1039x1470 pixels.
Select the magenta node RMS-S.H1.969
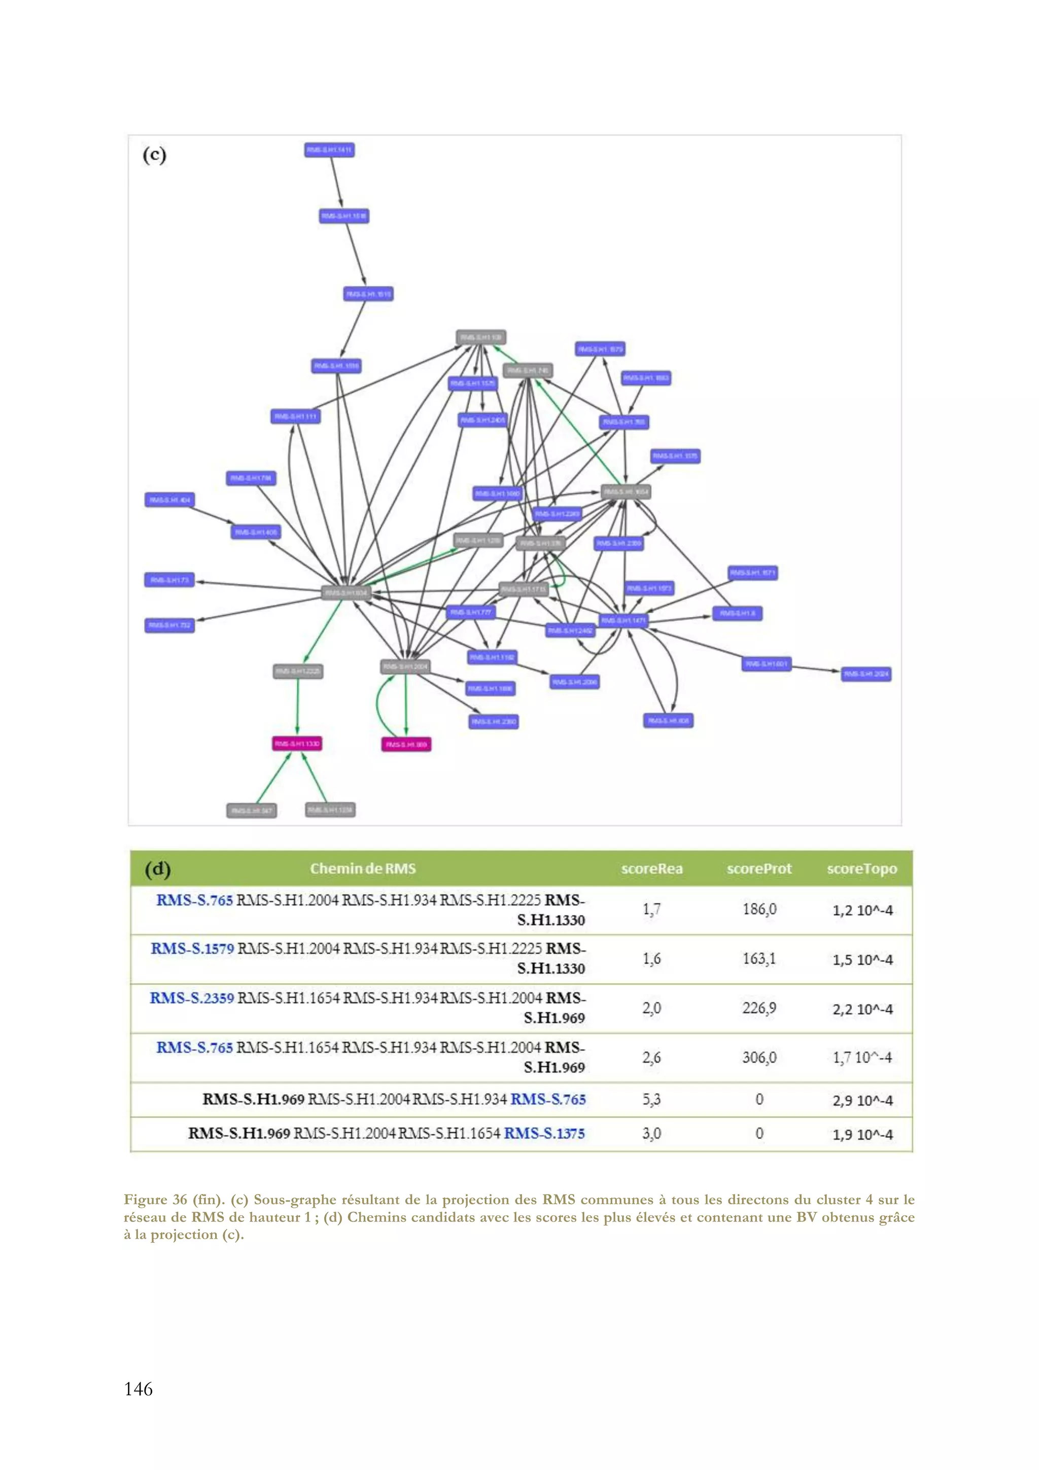pyautogui.click(x=406, y=744)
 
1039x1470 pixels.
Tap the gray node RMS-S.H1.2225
pyautogui.click(x=298, y=671)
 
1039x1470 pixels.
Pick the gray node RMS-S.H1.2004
pyautogui.click(x=404, y=667)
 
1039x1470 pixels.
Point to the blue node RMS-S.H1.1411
pyautogui.click(x=329, y=150)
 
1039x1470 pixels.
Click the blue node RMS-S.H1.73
pyautogui.click(x=169, y=580)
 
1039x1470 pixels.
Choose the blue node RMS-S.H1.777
pyautogui.click(x=470, y=612)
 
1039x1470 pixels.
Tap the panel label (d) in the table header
pyautogui.click(x=157, y=869)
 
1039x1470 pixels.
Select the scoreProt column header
pyautogui.click(x=758, y=869)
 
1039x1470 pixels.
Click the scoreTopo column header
pyautogui.click(x=861, y=869)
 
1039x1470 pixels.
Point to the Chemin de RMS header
pyautogui.click(x=362, y=869)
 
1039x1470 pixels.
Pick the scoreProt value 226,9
pyautogui.click(x=758, y=1008)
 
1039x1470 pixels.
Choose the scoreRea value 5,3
pyautogui.click(x=651, y=1100)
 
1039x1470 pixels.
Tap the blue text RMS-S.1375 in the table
pyautogui.click(x=544, y=1133)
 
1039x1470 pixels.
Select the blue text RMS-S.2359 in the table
pyautogui.click(x=191, y=998)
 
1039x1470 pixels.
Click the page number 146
pyautogui.click(x=138, y=1389)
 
